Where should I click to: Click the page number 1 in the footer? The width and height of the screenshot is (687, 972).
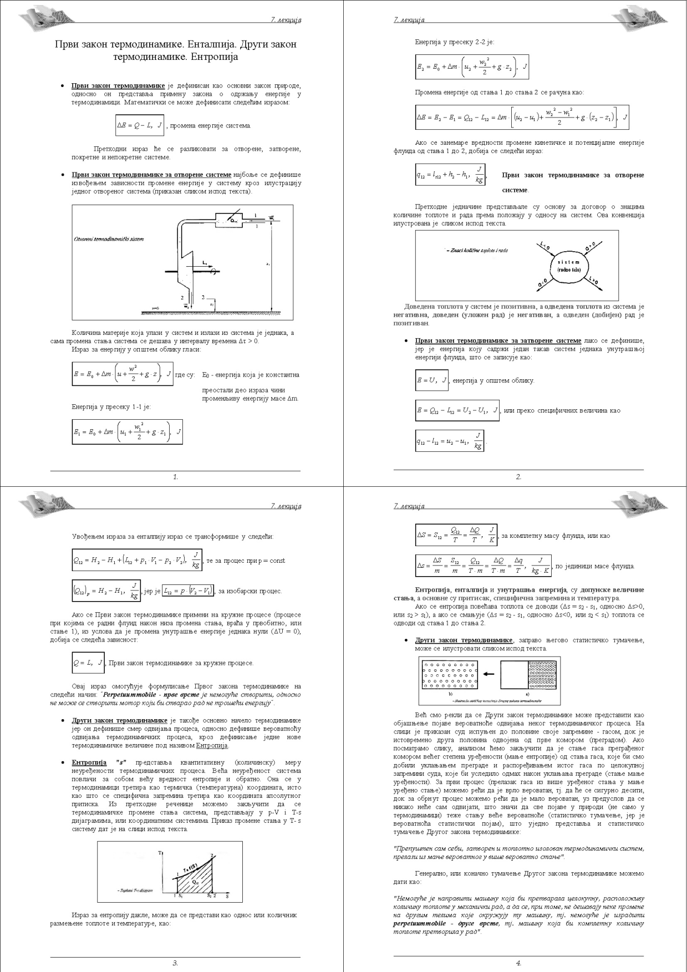[176, 477]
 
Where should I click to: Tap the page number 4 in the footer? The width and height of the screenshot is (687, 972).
[518, 963]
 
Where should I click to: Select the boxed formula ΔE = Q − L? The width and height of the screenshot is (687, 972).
[140, 125]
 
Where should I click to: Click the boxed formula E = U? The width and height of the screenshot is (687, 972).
[431, 380]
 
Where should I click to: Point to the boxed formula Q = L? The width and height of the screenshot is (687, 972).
[88, 663]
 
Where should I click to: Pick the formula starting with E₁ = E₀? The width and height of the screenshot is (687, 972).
[127, 432]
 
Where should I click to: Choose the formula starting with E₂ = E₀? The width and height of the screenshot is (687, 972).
[472, 67]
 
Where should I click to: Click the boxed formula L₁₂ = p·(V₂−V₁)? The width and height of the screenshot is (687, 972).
[188, 591]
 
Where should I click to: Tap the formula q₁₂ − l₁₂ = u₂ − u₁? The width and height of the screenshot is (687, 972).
[450, 441]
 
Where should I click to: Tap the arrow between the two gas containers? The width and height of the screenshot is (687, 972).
[488, 674]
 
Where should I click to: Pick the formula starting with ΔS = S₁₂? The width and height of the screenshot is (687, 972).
[456, 536]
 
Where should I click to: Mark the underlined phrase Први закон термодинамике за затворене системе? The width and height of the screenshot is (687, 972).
[498, 340]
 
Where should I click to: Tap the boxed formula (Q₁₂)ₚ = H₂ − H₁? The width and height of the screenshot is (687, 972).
[106, 591]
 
